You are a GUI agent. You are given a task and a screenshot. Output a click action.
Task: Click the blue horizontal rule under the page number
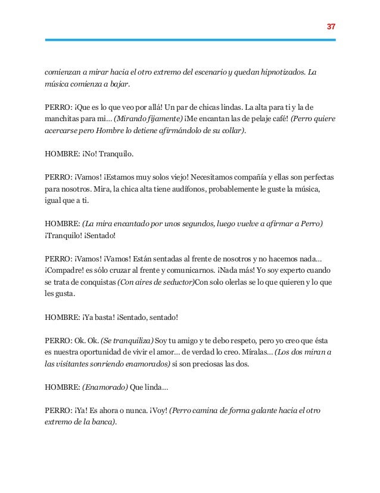(190, 40)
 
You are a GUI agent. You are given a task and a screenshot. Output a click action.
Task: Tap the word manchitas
(64, 119)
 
